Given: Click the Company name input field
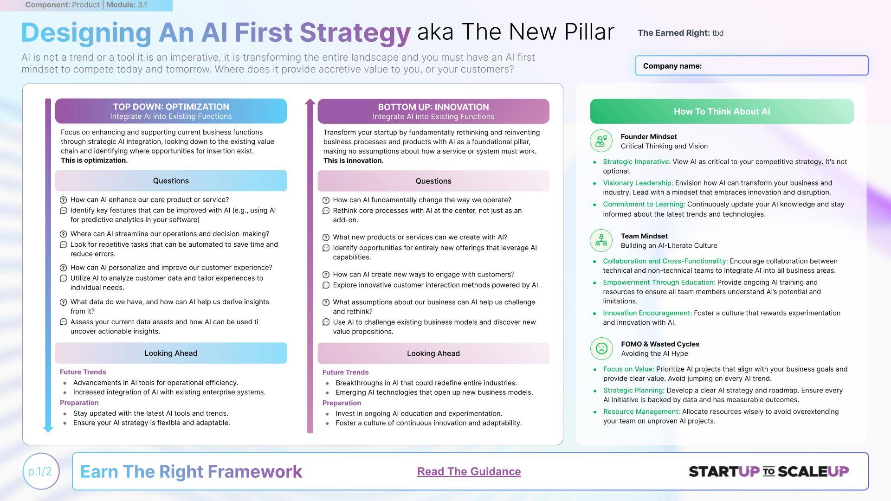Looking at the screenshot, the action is click(752, 65).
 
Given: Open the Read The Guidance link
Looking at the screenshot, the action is click(469, 471).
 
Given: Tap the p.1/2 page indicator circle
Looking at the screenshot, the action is click(41, 471).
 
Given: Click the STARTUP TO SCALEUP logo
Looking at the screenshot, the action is click(768, 471).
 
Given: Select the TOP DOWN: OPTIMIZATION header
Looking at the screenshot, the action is click(171, 111).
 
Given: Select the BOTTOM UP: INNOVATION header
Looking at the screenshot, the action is click(433, 111).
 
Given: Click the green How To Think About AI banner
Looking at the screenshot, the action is click(722, 111).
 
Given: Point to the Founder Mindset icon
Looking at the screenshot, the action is click(601, 141).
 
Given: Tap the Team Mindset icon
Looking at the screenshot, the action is click(601, 240).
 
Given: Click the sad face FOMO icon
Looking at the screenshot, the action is click(601, 348).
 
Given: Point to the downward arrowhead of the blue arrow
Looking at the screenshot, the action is click(48, 429).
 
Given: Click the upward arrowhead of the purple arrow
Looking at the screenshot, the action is click(310, 102).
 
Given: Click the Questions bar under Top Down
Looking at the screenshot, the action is click(171, 181).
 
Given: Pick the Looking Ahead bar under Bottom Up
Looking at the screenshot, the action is click(433, 353).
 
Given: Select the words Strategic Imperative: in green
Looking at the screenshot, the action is click(637, 162).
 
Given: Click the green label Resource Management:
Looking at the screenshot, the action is click(641, 412).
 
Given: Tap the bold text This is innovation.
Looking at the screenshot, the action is click(353, 161).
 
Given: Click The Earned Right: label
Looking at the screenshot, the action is click(673, 33).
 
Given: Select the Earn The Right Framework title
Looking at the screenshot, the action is click(191, 471).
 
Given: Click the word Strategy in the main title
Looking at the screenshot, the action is click(355, 33).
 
